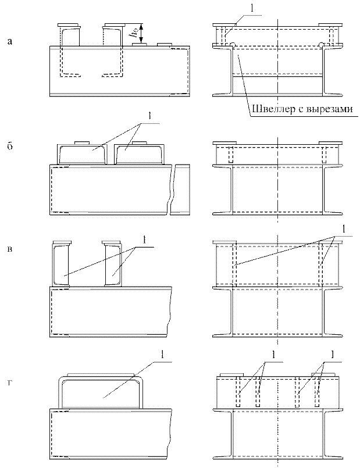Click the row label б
click(x=9, y=146)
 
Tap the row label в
click(x=9, y=251)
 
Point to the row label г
click(x=9, y=381)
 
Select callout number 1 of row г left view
click(x=163, y=354)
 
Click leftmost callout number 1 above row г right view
click(x=273, y=354)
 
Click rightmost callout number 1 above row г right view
click(x=332, y=354)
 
